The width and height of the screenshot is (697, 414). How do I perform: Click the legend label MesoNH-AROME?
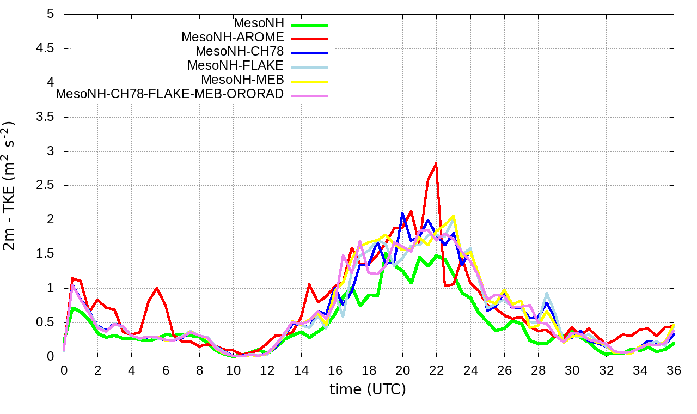(x=233, y=38)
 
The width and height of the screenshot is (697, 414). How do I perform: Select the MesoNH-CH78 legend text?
(x=240, y=52)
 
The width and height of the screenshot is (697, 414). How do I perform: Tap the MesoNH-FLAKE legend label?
(x=235, y=66)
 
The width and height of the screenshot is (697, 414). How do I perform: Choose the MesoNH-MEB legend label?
(x=242, y=80)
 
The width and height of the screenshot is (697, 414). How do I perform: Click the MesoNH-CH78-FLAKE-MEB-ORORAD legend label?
(x=170, y=94)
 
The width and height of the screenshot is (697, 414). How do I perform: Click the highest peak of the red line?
(x=436, y=163)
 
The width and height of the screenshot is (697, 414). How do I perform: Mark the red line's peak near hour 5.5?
(x=157, y=288)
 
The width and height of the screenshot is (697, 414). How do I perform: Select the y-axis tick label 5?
(x=51, y=14)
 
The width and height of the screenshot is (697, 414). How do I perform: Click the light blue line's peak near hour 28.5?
(x=547, y=293)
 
